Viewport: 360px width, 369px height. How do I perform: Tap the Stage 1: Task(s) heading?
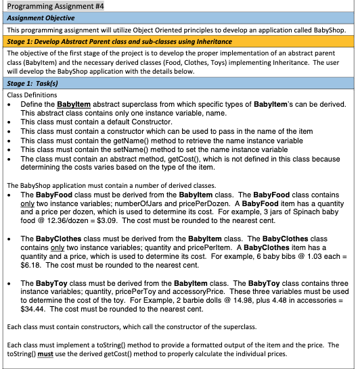(x=33, y=84)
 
